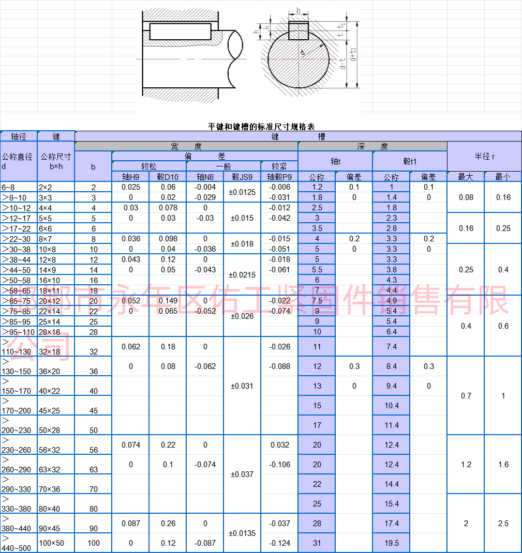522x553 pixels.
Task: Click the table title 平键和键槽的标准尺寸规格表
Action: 261,126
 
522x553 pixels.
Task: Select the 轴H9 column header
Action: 130,177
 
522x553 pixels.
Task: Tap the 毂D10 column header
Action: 168,177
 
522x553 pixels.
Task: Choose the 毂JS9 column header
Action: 242,177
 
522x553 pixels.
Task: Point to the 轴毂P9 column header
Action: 279,177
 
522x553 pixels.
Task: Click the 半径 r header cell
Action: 484,156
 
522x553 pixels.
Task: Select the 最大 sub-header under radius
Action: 466,177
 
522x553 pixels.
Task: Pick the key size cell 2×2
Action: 45,187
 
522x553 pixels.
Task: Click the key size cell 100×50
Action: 52,543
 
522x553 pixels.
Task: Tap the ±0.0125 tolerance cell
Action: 242,192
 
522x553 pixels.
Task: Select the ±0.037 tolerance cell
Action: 242,474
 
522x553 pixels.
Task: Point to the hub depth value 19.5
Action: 392,543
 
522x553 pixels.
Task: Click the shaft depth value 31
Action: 317,543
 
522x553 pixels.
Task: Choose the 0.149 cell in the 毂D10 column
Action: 168,301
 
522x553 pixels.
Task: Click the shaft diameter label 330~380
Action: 18,509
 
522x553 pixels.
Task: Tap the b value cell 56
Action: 94,450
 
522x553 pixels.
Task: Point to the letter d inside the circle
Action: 303,52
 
